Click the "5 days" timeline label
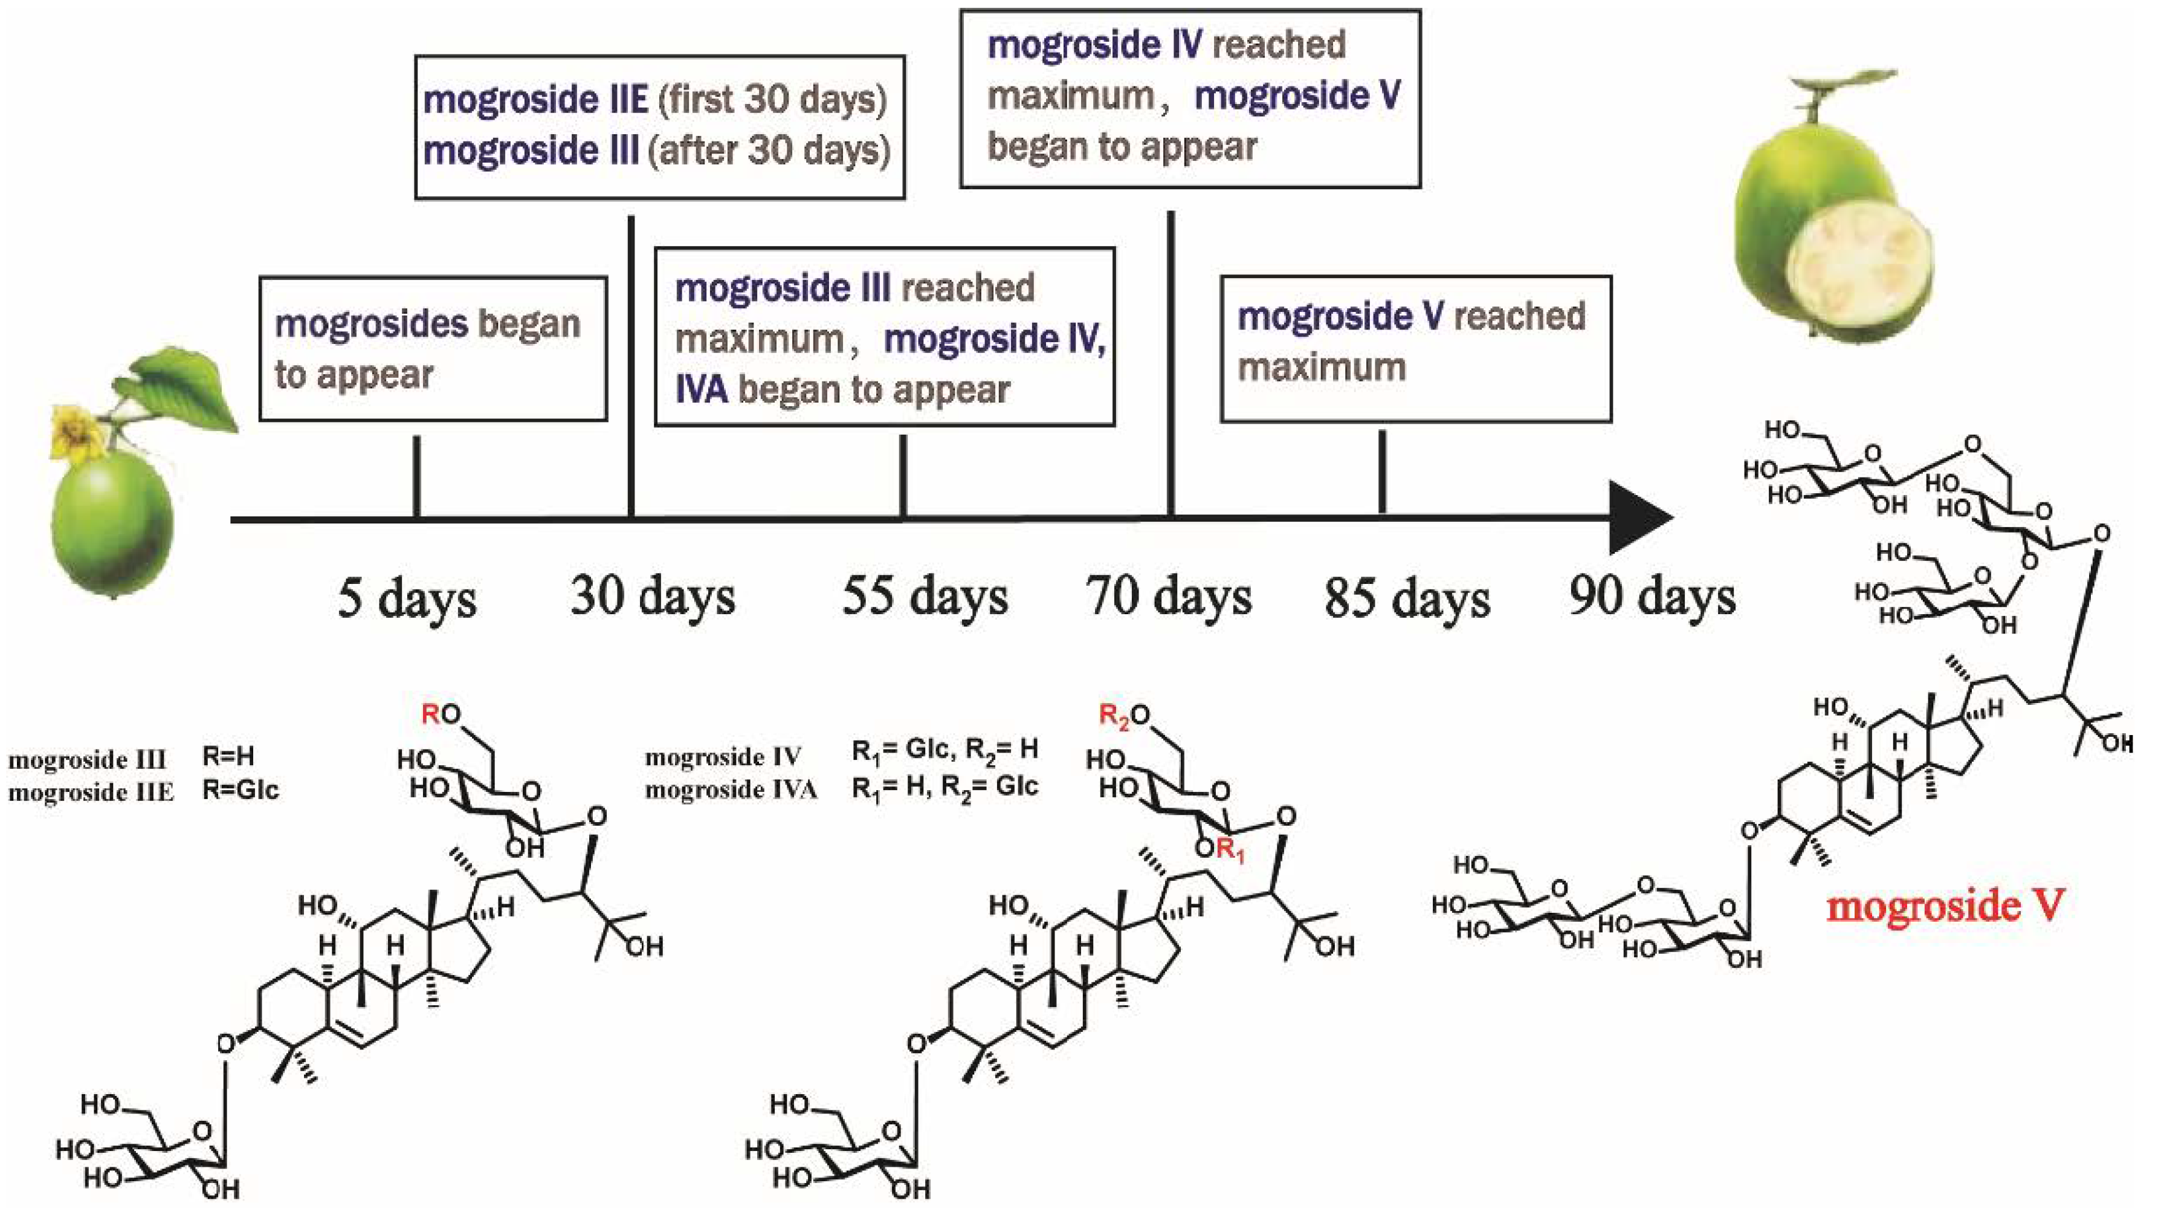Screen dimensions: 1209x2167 [x=407, y=599]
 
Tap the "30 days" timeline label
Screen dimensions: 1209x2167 [x=653, y=595]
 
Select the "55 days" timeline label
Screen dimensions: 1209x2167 [x=925, y=595]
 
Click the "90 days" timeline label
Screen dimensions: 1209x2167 [x=1652, y=595]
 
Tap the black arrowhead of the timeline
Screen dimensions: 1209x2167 [x=1636, y=518]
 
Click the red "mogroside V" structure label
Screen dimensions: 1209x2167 [x=1945, y=906]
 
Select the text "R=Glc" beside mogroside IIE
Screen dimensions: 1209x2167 [x=241, y=791]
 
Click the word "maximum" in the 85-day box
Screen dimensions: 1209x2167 [x=1322, y=368]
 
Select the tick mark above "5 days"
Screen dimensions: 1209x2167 [x=416, y=476]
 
